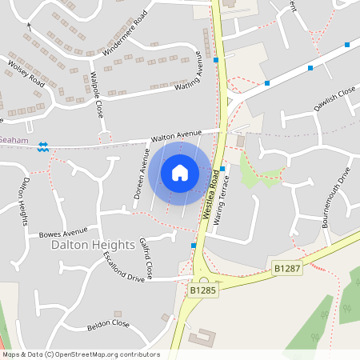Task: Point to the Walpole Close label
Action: point(96,94)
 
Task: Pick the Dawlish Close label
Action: point(334,99)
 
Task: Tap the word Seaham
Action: point(14,140)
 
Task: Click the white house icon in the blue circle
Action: point(179,172)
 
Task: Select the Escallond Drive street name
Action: point(123,266)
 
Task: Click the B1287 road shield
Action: point(286,268)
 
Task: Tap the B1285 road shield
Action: point(203,291)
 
